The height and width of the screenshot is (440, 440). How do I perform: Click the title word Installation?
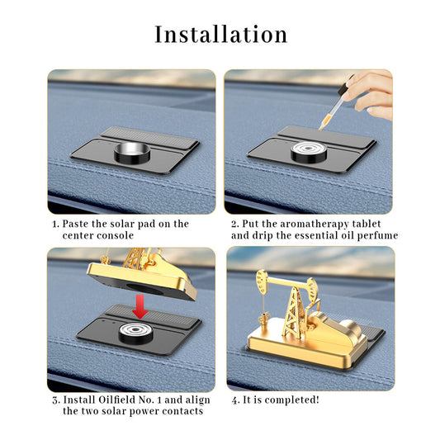tap(221, 34)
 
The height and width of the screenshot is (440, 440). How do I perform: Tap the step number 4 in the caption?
tap(236, 400)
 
